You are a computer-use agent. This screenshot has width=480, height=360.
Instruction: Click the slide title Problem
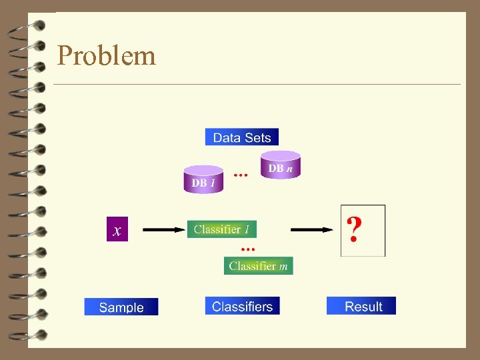[107, 55]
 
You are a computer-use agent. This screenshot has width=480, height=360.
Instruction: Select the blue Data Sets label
[241, 137]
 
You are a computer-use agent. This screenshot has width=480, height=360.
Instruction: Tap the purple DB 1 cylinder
[203, 180]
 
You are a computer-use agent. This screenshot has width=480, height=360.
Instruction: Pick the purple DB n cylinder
[281, 165]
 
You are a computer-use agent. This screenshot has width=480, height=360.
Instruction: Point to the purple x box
[117, 229]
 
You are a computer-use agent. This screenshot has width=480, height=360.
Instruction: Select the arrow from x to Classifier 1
[164, 229]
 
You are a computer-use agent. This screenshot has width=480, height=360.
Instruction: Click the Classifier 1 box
[221, 229]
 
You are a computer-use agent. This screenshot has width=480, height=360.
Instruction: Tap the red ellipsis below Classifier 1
[247, 248]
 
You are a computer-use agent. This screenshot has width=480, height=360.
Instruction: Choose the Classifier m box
[258, 266]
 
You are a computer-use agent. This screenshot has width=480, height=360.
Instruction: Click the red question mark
[356, 230]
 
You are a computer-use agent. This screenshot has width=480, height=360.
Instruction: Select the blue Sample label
[121, 307]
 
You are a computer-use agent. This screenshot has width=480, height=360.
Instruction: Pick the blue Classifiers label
[242, 306]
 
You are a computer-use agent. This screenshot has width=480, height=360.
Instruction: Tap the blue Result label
[361, 306]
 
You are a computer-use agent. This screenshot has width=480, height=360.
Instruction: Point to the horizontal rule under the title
[257, 85]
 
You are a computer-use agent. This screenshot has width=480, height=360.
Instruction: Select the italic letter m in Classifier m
[283, 266]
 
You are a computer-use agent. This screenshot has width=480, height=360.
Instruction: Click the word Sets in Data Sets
[257, 137]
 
